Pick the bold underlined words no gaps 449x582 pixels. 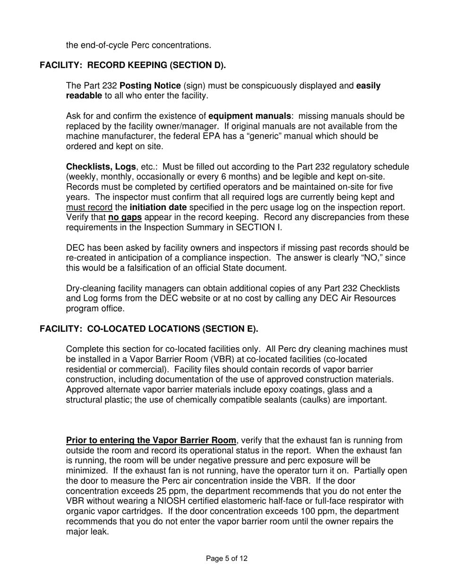tap(125, 217)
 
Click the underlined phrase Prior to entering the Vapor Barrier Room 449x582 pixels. tap(151, 440)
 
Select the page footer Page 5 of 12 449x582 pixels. tap(227, 558)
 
